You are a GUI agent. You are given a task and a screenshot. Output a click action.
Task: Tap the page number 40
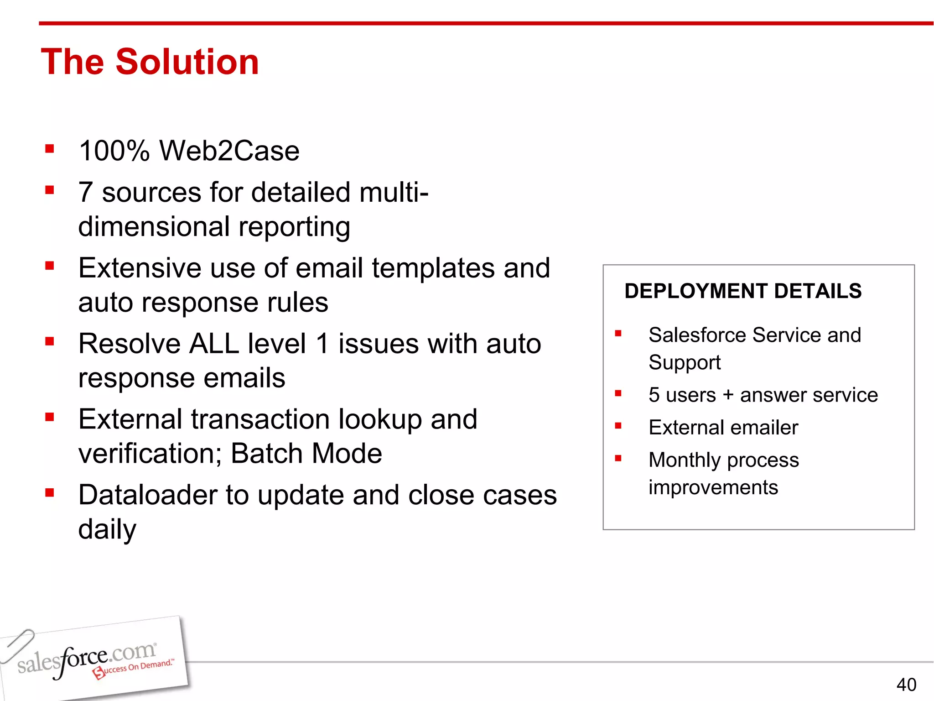click(x=906, y=685)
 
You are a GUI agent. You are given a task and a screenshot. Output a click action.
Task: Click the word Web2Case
click(x=229, y=151)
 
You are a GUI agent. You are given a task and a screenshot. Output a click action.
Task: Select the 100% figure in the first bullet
click(x=114, y=151)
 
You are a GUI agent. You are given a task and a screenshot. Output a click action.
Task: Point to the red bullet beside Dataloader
click(x=50, y=492)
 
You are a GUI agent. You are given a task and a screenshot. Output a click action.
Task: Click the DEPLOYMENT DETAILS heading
click(x=743, y=291)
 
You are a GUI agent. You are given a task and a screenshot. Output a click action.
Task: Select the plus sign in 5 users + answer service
click(x=728, y=395)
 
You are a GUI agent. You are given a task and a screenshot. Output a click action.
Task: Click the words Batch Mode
click(x=306, y=454)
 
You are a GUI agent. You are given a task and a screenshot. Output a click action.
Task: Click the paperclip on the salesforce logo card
click(x=17, y=645)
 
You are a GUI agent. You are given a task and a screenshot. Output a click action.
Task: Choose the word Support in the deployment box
click(x=684, y=363)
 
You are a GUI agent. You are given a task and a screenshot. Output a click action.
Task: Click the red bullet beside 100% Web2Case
click(x=50, y=149)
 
